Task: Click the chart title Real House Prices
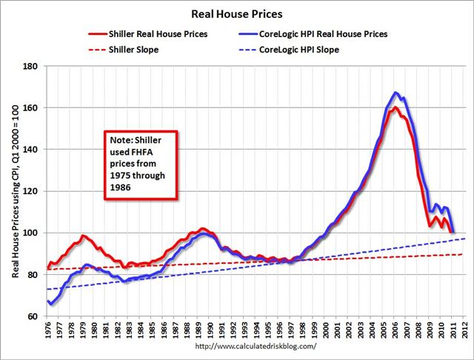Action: pos(237,13)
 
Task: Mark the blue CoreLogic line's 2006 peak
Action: pos(396,93)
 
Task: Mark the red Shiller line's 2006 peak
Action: pos(395,108)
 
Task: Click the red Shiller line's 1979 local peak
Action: pos(83,236)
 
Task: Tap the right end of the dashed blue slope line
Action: pos(465,239)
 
